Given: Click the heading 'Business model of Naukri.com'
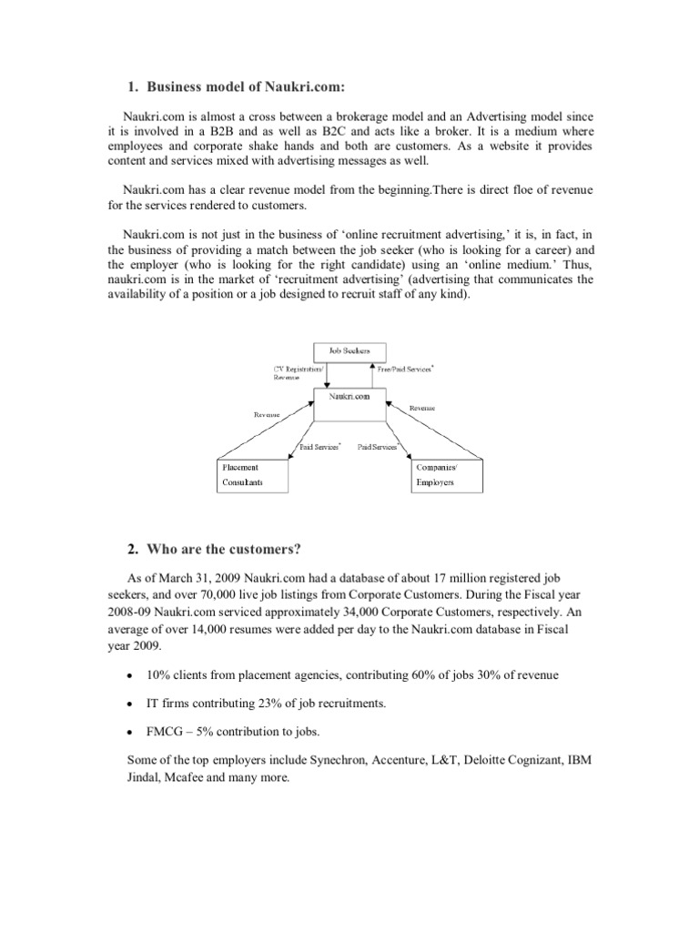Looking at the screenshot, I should (240, 86).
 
